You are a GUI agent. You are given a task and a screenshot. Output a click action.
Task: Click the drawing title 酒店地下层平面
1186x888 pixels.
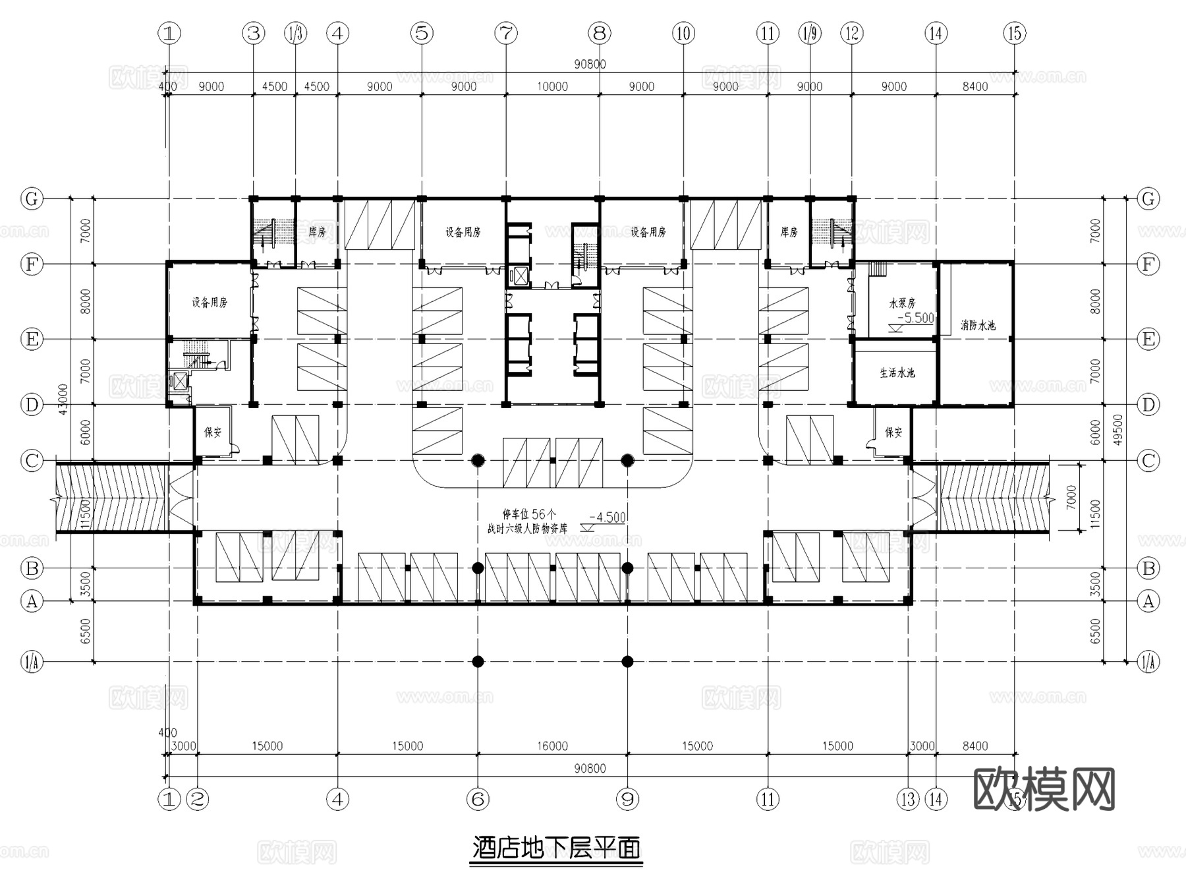coord(556,848)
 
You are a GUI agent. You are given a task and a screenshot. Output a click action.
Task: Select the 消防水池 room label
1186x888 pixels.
coord(978,325)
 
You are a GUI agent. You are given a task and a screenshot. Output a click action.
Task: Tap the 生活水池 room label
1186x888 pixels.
coord(897,372)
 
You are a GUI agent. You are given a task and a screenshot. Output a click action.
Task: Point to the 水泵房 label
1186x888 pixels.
coord(902,303)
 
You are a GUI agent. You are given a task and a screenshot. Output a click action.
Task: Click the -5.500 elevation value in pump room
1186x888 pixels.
coord(916,318)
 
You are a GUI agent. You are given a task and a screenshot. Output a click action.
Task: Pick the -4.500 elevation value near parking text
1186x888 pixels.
coord(607,518)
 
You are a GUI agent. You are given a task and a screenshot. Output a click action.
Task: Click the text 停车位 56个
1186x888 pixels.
coord(529,514)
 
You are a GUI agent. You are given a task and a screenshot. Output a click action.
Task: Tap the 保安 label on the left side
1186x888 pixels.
coord(213,432)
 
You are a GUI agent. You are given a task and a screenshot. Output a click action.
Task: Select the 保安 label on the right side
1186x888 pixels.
coord(893,432)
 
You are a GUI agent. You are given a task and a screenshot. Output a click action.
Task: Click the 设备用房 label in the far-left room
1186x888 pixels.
coord(210,303)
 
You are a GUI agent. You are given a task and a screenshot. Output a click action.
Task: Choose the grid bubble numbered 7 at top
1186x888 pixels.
coord(506,33)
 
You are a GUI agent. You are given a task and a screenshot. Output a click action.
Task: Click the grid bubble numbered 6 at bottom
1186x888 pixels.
coord(478,800)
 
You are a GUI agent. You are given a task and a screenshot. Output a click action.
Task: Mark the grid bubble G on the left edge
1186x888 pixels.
coord(32,198)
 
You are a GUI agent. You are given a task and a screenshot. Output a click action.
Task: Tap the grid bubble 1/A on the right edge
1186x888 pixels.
coord(1148,661)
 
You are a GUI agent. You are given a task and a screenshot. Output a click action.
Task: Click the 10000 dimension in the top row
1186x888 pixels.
coord(552,86)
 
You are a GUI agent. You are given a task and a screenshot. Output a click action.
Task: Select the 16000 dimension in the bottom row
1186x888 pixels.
coord(552,746)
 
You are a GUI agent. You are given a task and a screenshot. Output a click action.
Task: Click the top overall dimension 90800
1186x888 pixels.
coord(590,64)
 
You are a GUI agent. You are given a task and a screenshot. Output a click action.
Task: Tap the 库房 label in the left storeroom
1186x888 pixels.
coord(317,232)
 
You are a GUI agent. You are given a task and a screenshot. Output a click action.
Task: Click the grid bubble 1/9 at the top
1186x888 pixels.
coord(810,33)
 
